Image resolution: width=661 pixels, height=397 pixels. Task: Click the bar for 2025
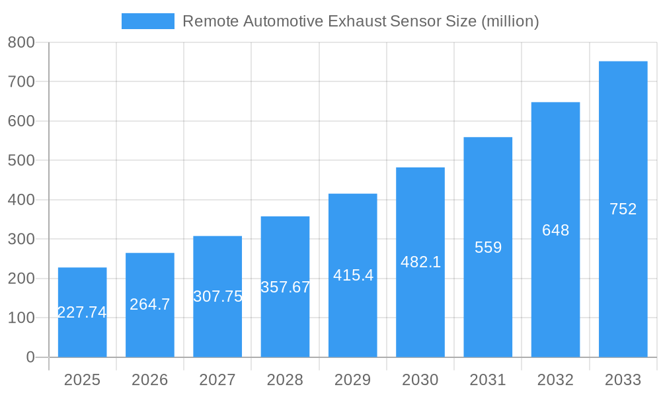(x=82, y=312)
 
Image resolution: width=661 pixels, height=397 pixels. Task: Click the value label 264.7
(x=150, y=304)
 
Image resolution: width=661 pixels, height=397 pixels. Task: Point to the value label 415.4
(x=353, y=275)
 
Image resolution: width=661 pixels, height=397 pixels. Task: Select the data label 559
(x=488, y=247)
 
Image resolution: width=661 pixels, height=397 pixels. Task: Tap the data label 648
(x=555, y=230)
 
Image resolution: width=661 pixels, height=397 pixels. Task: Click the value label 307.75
(x=217, y=296)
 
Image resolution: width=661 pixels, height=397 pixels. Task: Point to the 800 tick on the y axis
(x=21, y=42)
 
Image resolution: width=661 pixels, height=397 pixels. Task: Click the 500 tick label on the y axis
(x=21, y=161)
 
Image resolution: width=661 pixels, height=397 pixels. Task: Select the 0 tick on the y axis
(x=30, y=357)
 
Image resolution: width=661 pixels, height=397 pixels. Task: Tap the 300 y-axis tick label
(x=21, y=240)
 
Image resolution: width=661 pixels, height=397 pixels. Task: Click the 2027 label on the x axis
(x=217, y=380)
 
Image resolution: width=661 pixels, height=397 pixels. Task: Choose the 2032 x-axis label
(x=555, y=380)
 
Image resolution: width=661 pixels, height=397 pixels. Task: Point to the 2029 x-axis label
(x=353, y=380)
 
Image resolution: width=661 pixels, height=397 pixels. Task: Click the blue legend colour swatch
(x=148, y=21)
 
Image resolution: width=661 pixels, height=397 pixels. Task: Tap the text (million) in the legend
(x=510, y=21)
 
